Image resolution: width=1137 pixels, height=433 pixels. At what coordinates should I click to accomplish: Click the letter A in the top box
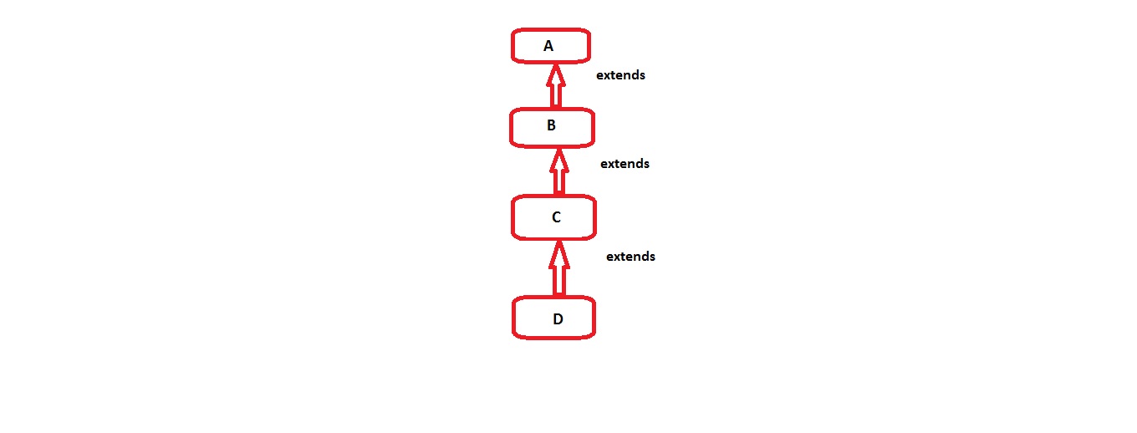(x=548, y=47)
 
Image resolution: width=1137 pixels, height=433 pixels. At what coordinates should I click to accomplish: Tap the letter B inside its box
(x=551, y=126)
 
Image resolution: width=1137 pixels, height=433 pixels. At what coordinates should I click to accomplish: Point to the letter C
(x=556, y=217)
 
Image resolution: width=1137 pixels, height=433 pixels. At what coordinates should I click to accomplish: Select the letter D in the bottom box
(x=558, y=318)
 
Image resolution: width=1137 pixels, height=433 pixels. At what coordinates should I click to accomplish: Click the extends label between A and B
(x=620, y=75)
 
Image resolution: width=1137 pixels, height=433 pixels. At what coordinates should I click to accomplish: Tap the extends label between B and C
(x=625, y=164)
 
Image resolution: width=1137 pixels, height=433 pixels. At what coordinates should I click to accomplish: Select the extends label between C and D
(x=630, y=257)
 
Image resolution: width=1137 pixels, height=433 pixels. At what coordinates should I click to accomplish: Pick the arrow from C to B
(x=557, y=171)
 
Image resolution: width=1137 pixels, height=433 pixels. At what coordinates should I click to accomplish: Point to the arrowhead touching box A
(x=554, y=73)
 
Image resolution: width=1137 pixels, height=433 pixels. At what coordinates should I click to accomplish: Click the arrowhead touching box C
(x=558, y=252)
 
